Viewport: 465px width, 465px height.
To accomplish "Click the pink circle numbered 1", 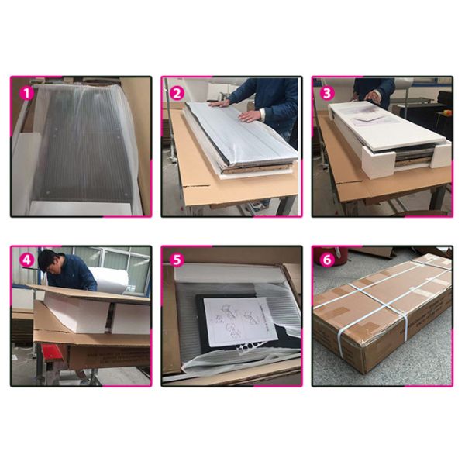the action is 27,93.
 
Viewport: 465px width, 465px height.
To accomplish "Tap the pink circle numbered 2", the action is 177,93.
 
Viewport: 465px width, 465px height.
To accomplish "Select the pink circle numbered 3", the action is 327,93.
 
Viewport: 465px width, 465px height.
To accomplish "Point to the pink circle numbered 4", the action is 27,260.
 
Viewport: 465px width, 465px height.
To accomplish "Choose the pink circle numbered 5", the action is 177,260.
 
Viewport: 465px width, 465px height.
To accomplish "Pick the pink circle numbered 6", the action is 327,260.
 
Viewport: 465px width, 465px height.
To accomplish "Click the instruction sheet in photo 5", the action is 241,321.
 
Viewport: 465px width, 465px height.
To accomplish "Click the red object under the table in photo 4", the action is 53,355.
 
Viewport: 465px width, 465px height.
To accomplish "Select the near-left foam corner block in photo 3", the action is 379,164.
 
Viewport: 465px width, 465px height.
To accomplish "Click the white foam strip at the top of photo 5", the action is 227,272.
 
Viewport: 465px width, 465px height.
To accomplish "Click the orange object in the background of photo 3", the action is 446,112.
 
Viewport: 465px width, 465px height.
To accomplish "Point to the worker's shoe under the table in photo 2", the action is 257,205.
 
